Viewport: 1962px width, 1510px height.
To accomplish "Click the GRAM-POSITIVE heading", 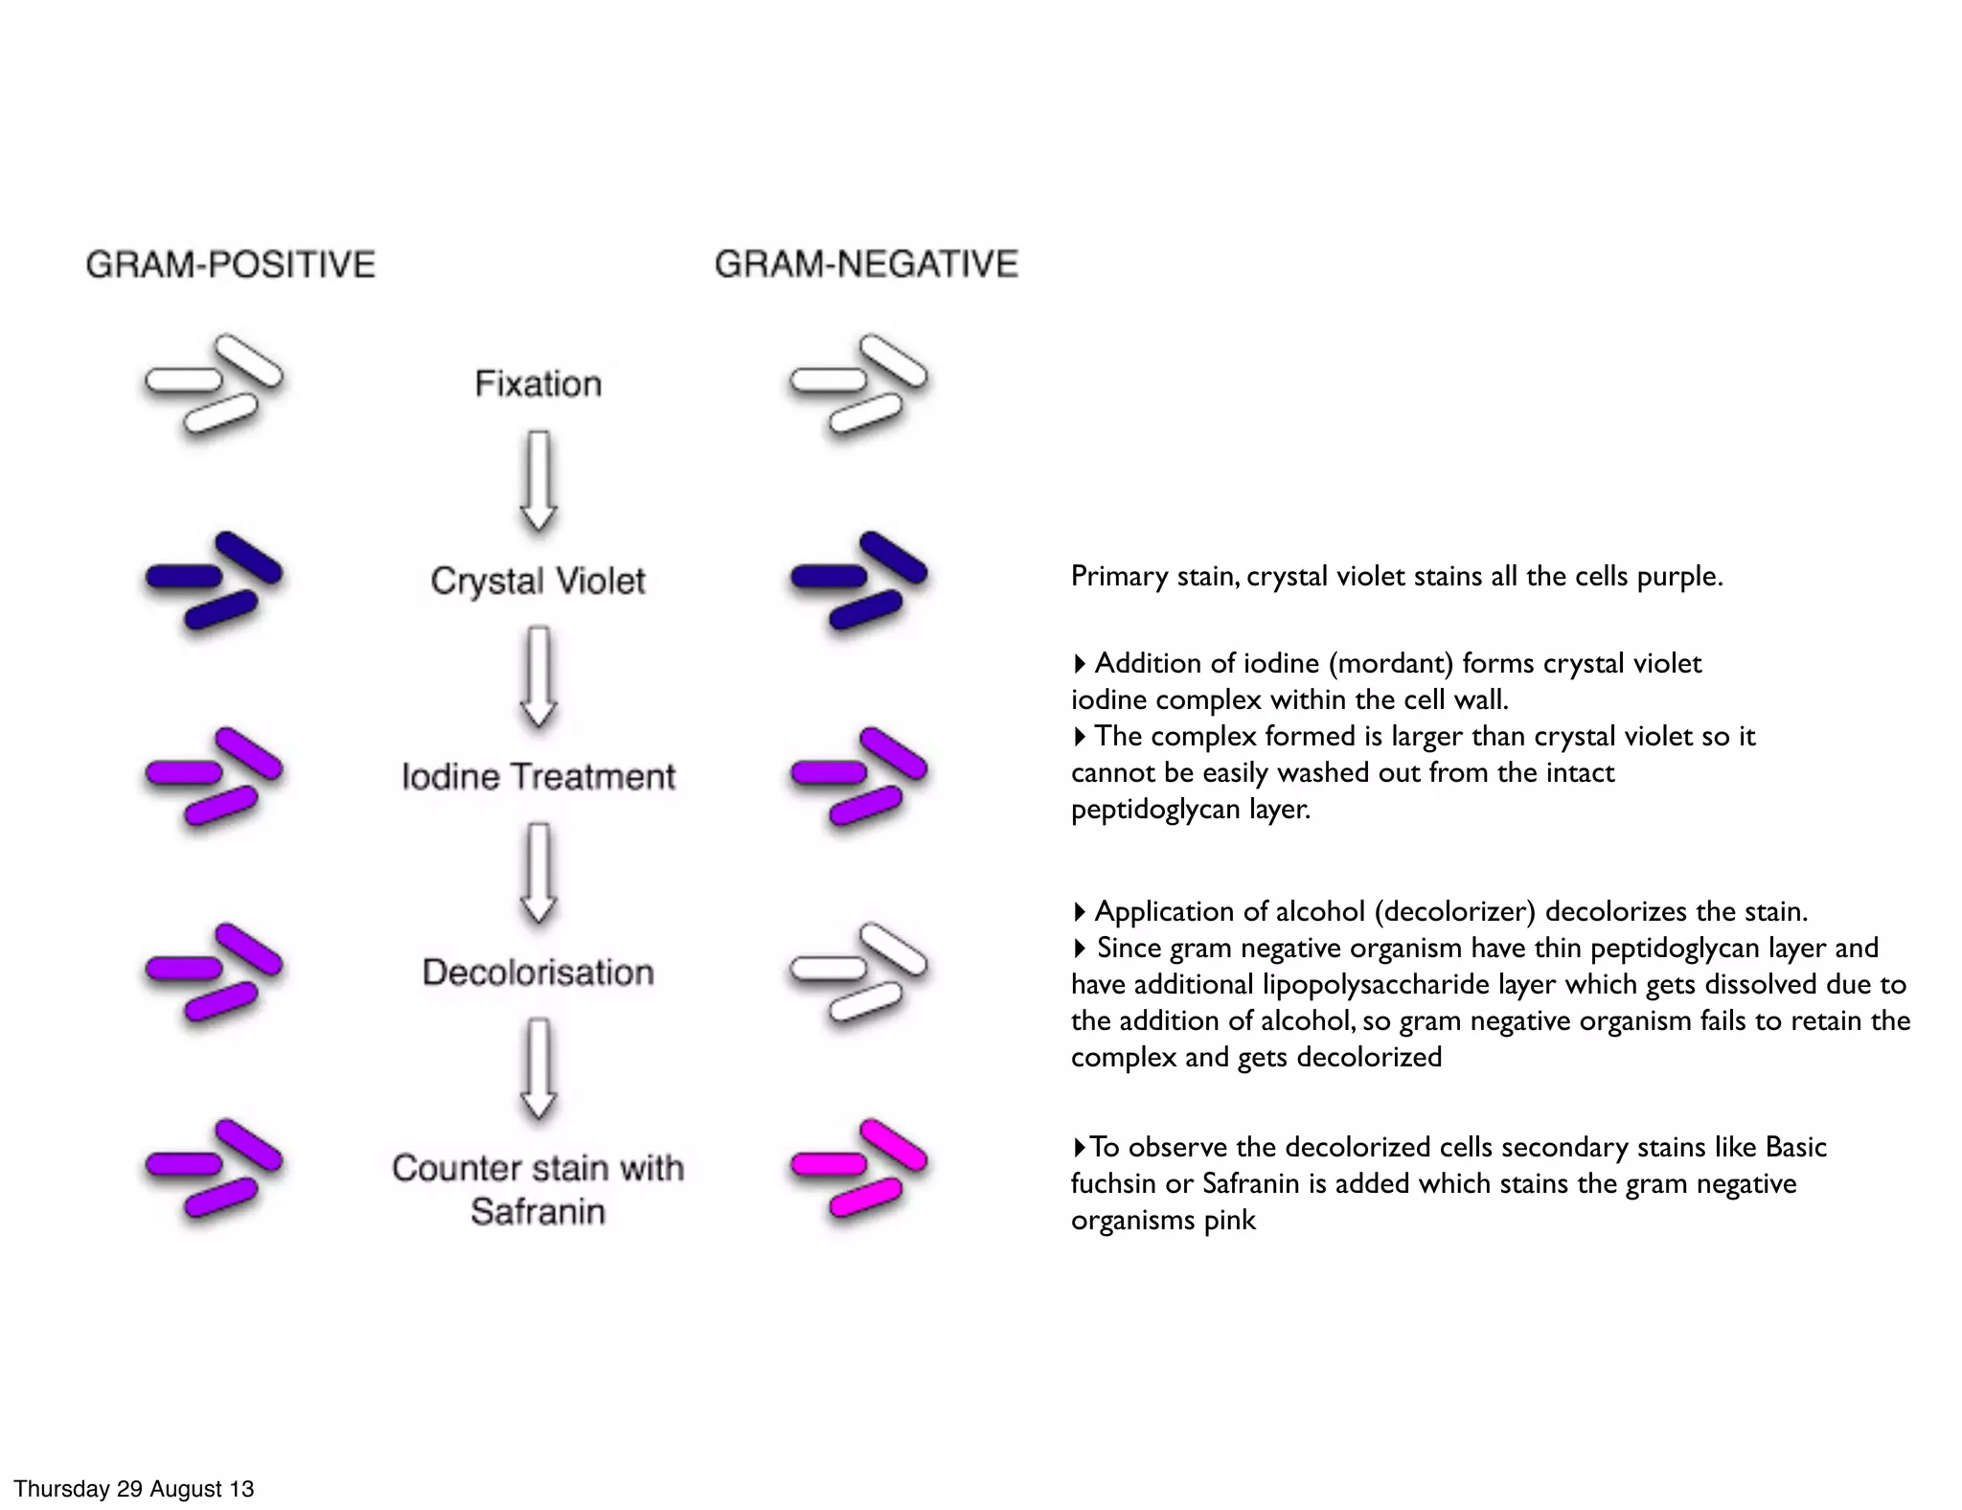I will (230, 264).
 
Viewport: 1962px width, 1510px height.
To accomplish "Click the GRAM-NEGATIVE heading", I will (866, 263).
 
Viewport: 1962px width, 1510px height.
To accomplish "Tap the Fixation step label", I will (537, 384).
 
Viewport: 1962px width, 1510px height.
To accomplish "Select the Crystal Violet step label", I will (537, 581).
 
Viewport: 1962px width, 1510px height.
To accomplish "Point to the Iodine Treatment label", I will (537, 776).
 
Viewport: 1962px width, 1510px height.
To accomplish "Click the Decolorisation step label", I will (537, 972).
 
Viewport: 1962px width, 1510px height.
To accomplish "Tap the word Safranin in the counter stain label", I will (537, 1212).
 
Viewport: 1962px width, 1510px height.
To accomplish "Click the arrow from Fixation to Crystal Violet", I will (538, 480).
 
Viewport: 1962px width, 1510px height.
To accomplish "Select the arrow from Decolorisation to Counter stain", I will (538, 1068).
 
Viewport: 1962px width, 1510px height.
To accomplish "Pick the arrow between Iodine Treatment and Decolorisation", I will (538, 872).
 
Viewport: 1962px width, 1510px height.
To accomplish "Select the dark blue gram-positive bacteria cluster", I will (214, 580).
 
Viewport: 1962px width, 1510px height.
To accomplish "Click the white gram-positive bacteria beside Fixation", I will (214, 383).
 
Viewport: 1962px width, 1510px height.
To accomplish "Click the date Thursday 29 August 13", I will (133, 1489).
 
